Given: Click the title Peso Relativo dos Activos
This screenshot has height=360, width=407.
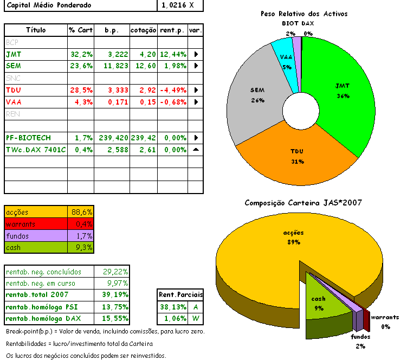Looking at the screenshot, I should click(x=303, y=14).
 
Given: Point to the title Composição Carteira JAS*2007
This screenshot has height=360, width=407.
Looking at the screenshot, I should click(x=303, y=203).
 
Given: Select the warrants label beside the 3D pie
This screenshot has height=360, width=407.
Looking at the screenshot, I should click(x=385, y=317).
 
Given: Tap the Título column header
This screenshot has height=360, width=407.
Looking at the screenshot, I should click(x=36, y=30).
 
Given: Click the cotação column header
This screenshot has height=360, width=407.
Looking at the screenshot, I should click(x=144, y=30).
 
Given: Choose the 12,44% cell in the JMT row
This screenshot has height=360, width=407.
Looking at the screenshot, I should click(x=173, y=54).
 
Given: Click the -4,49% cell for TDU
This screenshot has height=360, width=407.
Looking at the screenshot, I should click(x=173, y=90).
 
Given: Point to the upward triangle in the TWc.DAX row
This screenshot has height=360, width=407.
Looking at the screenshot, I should click(x=196, y=150).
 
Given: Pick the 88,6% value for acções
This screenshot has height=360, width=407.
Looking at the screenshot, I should click(x=82, y=212).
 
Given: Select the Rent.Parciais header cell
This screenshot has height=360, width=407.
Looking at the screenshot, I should click(x=180, y=294).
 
